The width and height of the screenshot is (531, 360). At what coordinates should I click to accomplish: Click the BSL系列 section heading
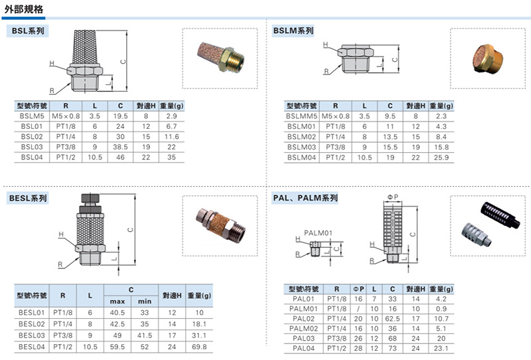click(28, 31)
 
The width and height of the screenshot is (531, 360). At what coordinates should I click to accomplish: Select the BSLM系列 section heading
click(293, 31)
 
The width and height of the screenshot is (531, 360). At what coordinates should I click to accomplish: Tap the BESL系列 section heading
click(28, 198)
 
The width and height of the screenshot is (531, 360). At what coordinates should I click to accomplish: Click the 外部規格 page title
click(24, 9)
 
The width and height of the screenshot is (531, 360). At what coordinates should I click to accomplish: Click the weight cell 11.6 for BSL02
click(172, 137)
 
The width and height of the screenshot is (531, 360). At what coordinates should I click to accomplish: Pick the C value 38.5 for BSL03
click(120, 147)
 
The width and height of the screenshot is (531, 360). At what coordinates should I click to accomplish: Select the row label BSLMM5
click(301, 116)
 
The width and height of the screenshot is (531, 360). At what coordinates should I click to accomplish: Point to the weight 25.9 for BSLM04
click(441, 157)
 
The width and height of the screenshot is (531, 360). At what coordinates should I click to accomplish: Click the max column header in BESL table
click(117, 302)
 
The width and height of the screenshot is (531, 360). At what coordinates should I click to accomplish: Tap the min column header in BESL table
click(145, 302)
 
